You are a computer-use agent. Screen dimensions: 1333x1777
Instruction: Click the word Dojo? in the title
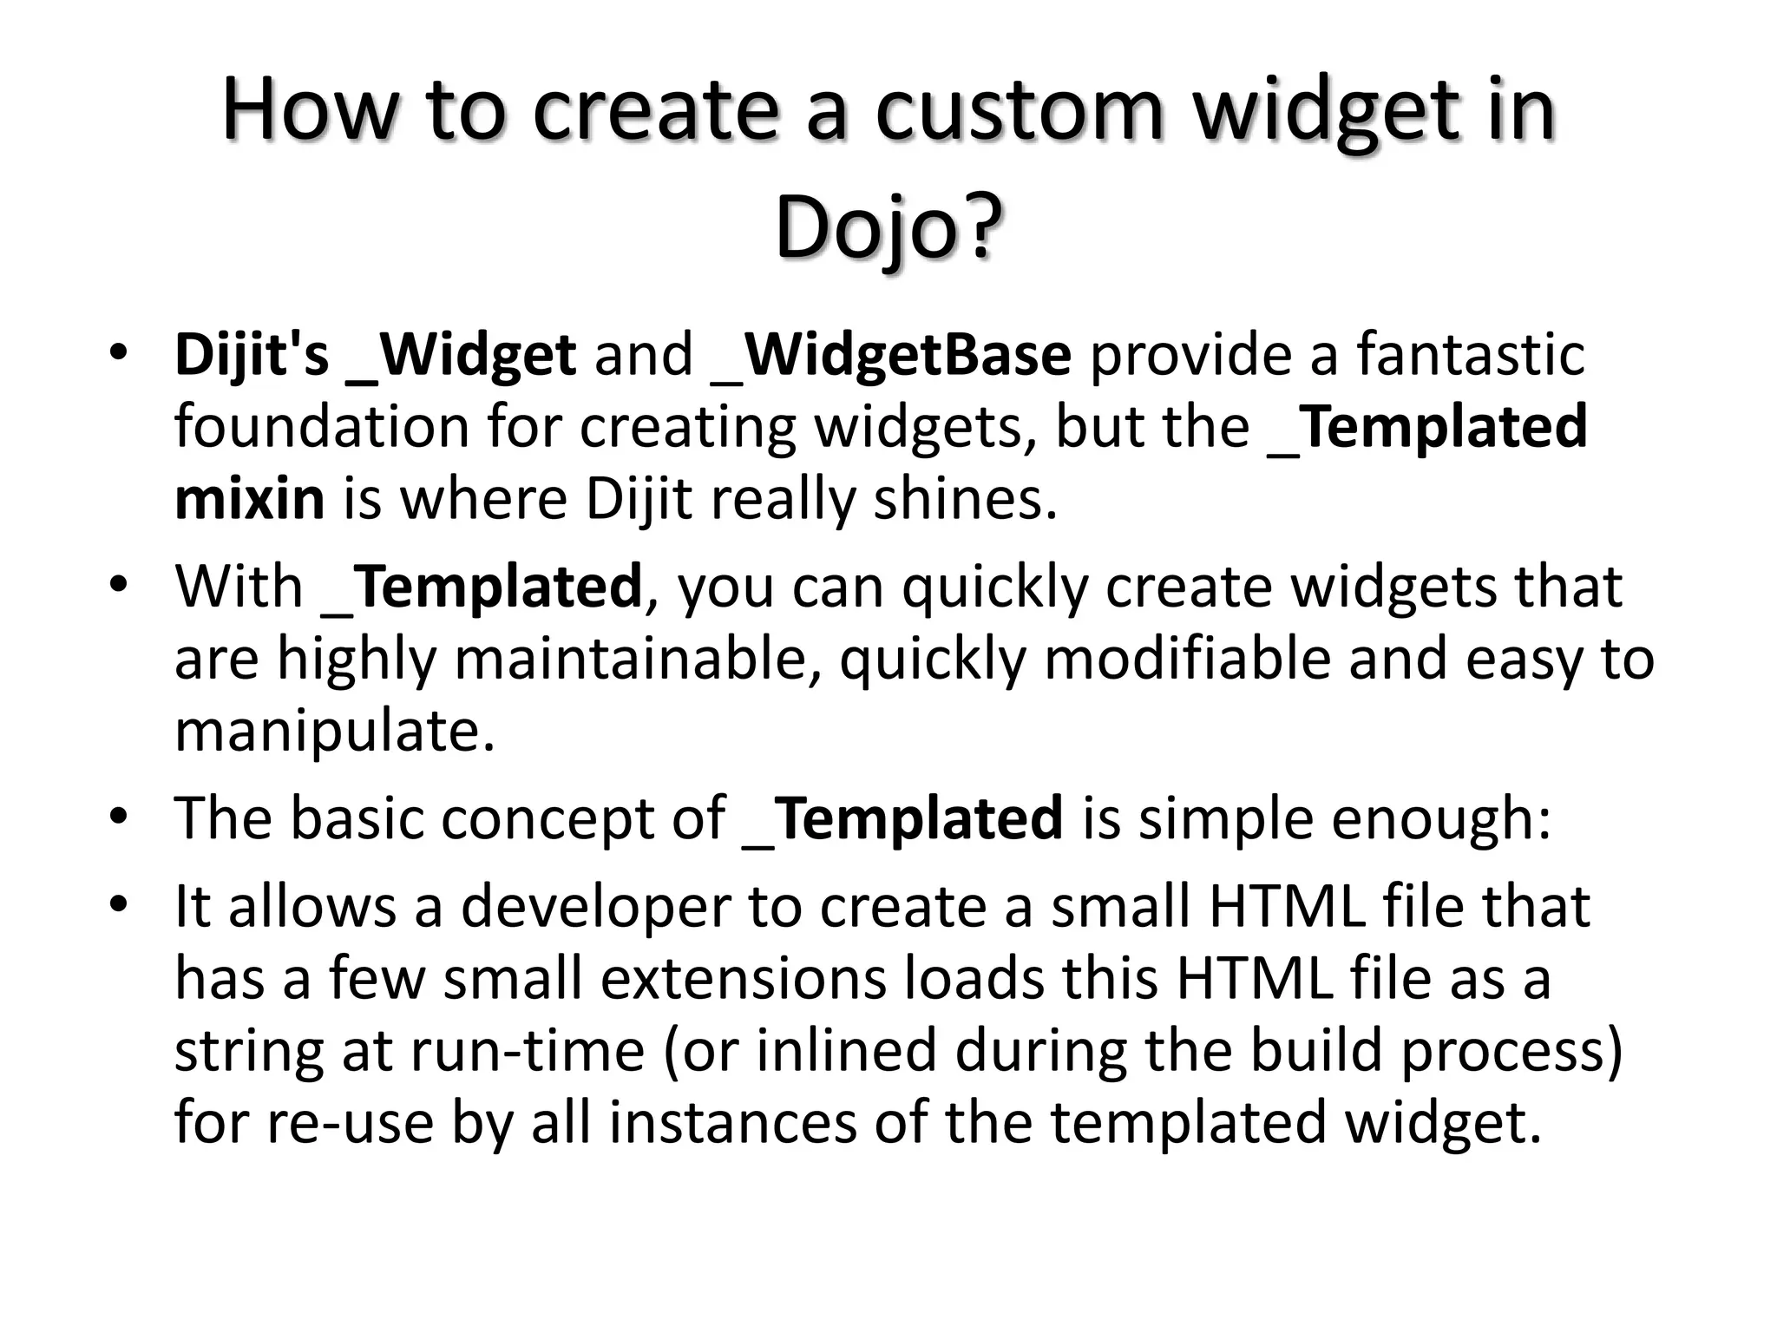(888, 227)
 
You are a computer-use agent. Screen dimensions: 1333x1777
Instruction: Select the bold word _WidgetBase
(892, 355)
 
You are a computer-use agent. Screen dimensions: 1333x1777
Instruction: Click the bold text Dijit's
(252, 355)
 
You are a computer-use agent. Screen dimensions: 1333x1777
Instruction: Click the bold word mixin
(249, 500)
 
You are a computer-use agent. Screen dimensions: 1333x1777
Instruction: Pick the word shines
(964, 500)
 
